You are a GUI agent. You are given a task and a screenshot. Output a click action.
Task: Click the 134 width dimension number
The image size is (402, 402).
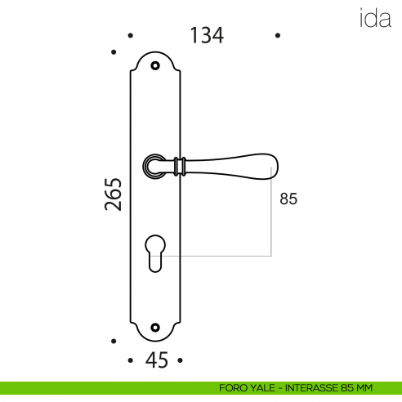tap(207, 35)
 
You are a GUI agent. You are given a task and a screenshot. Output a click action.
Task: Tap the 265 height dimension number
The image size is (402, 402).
tap(113, 194)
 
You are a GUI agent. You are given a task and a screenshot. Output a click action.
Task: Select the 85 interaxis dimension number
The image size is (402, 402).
tap(288, 199)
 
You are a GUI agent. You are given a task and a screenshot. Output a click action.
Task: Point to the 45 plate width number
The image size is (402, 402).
tap(157, 360)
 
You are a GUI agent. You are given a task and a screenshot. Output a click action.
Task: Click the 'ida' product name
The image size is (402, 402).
tap(375, 18)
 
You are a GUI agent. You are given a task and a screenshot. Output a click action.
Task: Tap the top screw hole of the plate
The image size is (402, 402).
tap(155, 65)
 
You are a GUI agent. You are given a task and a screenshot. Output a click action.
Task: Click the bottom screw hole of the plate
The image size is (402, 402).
tap(155, 328)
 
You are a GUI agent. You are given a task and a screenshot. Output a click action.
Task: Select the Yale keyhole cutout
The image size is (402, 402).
tap(155, 253)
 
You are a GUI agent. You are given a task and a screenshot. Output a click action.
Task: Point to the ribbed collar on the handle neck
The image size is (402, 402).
tap(180, 166)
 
